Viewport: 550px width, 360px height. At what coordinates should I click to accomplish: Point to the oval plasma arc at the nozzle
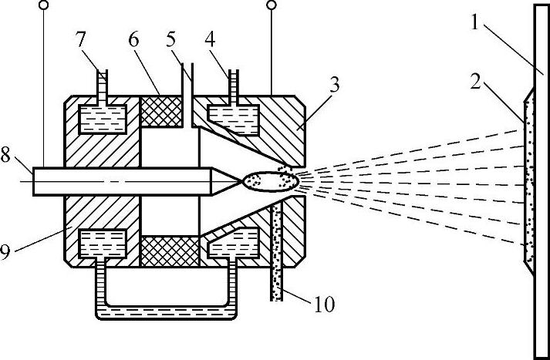click(x=269, y=181)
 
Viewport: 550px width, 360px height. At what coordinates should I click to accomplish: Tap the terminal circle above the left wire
click(x=45, y=6)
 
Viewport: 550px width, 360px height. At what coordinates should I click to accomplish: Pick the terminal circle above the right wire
click(x=271, y=6)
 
